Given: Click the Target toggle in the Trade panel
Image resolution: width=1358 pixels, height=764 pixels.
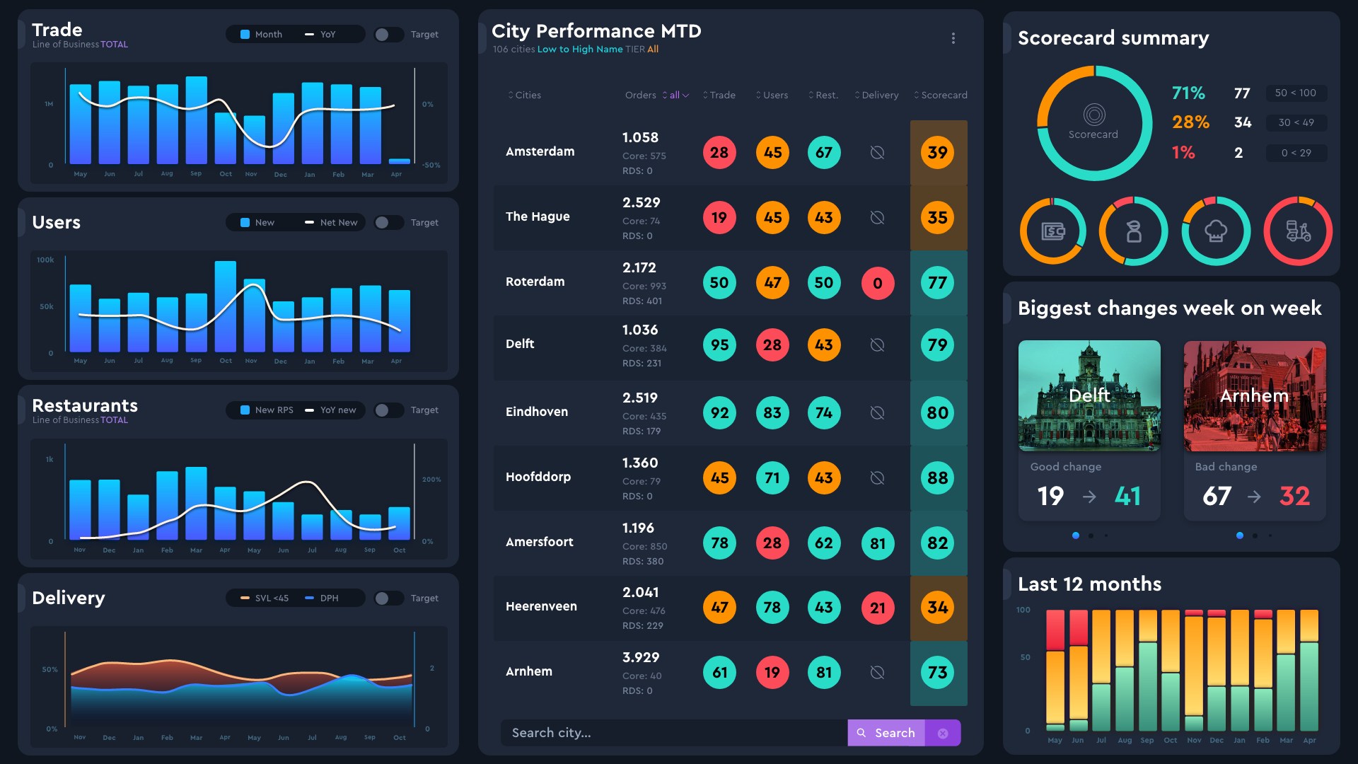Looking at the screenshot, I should pos(387,35).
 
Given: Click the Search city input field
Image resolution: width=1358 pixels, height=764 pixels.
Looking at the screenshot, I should pos(672,733).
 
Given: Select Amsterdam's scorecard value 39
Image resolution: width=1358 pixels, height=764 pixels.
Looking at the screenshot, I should pos(937,153).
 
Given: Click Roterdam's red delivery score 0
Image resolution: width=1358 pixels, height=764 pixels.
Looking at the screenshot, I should pos(877,283).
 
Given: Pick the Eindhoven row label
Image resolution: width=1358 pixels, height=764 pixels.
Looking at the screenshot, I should pos(537,412).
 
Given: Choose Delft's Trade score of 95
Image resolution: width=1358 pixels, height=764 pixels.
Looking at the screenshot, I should pos(719,345).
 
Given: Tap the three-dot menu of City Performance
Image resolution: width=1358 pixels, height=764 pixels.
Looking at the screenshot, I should pos(953,38).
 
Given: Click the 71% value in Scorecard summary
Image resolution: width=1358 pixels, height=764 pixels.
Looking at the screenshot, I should pos(1188,93).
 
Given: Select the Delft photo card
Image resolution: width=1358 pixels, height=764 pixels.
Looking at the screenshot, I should pos(1089,396).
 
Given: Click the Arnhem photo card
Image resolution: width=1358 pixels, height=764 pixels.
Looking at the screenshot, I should pos(1255,396).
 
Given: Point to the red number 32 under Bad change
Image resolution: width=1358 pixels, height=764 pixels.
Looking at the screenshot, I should pos(1294,496).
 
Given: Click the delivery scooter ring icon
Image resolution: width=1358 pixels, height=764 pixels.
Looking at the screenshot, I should pos(1298,231).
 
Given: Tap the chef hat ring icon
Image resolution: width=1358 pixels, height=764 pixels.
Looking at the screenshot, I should pos(1216,231).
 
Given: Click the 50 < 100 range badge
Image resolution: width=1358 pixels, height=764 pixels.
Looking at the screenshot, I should pos(1295,93).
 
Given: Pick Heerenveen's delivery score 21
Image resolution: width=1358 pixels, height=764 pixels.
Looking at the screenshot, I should pos(877,608).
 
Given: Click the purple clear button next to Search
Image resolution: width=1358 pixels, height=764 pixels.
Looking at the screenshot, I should pos(943,734).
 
